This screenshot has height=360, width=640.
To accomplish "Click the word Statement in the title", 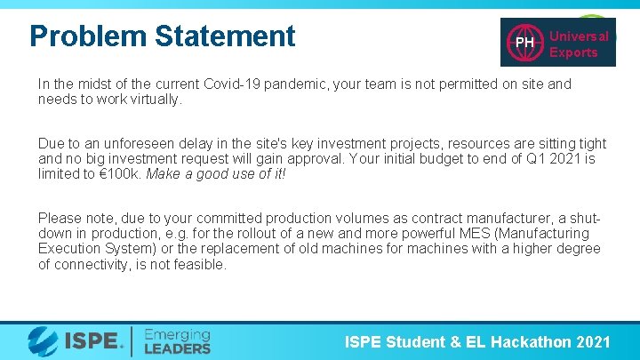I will click(x=224, y=36).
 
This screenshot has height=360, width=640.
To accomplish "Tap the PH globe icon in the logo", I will click(x=524, y=42).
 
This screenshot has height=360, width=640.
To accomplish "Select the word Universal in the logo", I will click(x=579, y=36).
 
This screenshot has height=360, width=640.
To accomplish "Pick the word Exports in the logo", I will click(x=573, y=52).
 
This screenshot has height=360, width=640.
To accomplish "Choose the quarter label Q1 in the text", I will click(x=518, y=159).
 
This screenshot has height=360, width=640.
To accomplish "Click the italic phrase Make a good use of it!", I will click(x=216, y=174).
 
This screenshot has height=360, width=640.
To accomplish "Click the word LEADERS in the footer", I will click(x=177, y=348).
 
